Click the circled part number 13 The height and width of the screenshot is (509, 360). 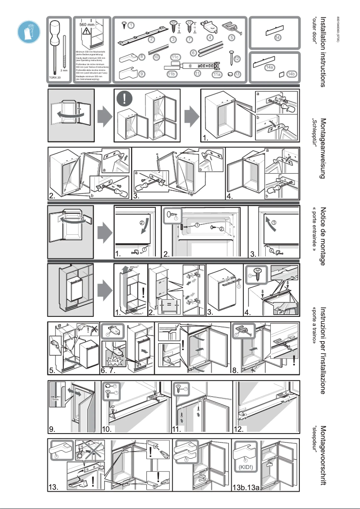coord(238,74)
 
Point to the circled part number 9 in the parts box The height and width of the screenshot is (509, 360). coord(141,74)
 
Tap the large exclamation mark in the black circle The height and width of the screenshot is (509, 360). coord(126,97)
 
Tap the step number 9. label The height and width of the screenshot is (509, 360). coord(53,429)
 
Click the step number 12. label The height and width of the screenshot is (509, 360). coord(240,429)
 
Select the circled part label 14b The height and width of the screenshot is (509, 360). coord(292,74)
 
